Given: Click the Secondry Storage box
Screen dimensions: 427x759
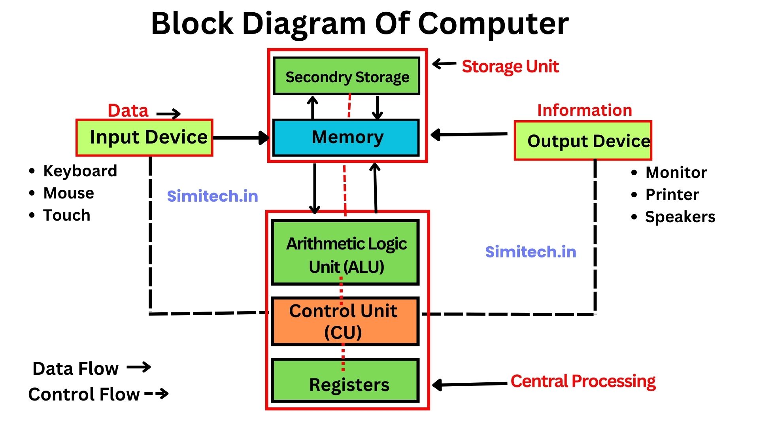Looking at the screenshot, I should (346, 76).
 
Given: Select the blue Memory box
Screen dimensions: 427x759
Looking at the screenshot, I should (346, 137).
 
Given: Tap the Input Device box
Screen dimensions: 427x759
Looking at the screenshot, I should (145, 138).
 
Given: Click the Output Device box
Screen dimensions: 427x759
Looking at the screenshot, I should (583, 141).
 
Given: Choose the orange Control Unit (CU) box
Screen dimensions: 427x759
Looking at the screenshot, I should (345, 321).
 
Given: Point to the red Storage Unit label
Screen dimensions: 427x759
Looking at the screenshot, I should (510, 66).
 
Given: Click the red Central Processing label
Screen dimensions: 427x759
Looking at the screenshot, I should (583, 381).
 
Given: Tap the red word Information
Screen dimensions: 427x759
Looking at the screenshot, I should (584, 110).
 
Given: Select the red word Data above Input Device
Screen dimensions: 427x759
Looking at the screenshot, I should (128, 110).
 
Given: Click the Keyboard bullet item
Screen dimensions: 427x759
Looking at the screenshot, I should (80, 171).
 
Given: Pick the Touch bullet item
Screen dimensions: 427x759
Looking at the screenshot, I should (66, 215).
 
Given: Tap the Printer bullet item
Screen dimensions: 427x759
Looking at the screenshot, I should (672, 195).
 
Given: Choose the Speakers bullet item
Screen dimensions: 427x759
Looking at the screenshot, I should (680, 217).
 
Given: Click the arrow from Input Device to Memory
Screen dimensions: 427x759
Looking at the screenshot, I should (241, 138).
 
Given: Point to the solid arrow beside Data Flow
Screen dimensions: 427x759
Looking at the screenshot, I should (139, 367).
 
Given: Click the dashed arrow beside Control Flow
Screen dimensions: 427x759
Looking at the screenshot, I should (157, 393).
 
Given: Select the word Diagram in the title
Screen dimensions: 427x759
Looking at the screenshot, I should (304, 24).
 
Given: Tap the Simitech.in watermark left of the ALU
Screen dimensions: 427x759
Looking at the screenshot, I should (212, 196).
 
